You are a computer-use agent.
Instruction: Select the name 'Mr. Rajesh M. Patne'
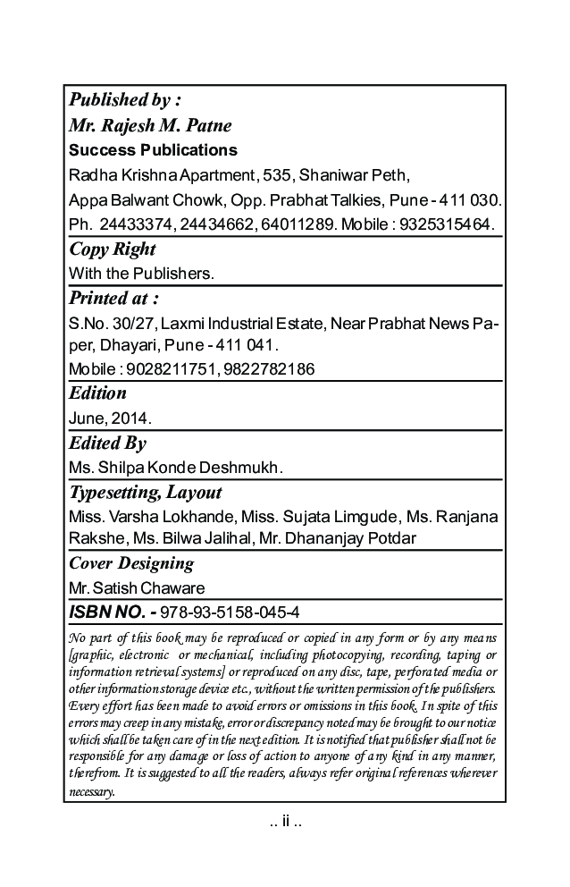click(150, 124)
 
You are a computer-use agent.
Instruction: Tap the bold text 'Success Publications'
click(153, 149)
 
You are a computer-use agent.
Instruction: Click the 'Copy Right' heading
click(113, 249)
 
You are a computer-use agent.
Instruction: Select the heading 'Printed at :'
click(114, 298)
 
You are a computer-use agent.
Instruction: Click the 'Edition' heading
click(97, 393)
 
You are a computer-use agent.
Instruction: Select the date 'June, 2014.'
click(110, 417)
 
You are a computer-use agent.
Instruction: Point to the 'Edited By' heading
click(107, 443)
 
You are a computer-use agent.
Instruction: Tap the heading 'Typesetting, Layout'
click(146, 493)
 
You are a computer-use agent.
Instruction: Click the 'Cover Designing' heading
click(131, 563)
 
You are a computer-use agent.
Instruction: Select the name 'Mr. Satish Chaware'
click(137, 588)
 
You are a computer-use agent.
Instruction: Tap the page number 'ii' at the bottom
click(285, 821)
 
